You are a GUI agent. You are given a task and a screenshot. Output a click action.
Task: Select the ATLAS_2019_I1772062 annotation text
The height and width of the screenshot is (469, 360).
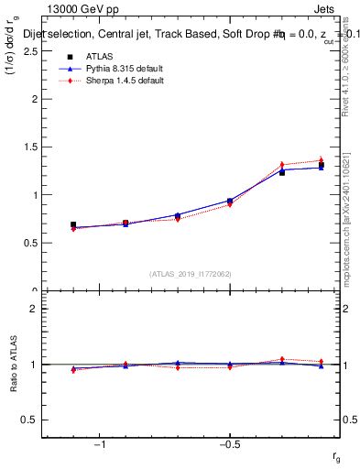[191, 274]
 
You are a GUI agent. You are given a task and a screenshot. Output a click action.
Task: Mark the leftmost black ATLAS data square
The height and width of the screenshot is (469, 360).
[73, 224]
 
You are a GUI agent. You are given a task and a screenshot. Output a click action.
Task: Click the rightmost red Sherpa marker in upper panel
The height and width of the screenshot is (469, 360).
[322, 160]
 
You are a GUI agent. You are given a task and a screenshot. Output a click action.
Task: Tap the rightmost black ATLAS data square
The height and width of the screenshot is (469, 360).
[322, 165]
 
